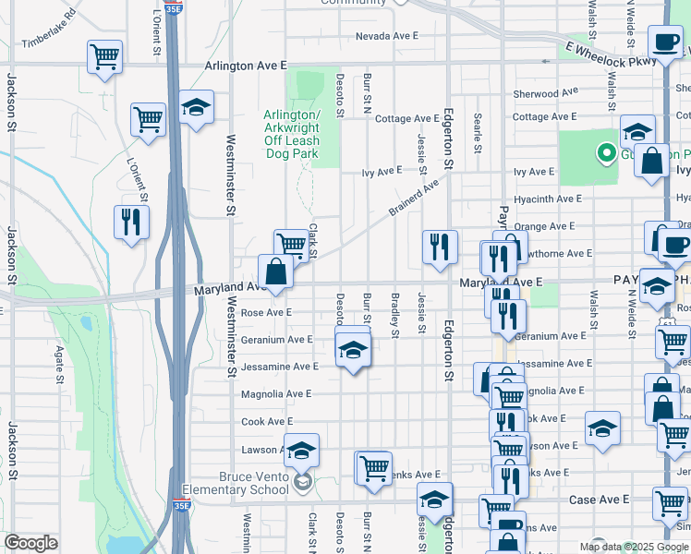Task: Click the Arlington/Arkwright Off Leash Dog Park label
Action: pyautogui.click(x=292, y=134)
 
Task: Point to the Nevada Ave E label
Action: pyautogui.click(x=388, y=37)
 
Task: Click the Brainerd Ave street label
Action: pyautogui.click(x=411, y=200)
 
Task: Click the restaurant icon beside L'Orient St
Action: pyautogui.click(x=130, y=222)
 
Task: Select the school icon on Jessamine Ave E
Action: pyautogui.click(x=351, y=350)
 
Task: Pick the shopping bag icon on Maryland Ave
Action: pyautogui.click(x=275, y=271)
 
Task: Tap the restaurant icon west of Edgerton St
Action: pyautogui.click(x=440, y=246)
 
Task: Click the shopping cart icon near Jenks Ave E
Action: pyautogui.click(x=373, y=466)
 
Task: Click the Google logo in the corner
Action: pyautogui.click(x=30, y=543)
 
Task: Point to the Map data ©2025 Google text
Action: pyautogui.click(x=634, y=546)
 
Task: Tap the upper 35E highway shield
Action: pyautogui.click(x=173, y=8)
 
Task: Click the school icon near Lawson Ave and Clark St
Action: pyautogui.click(x=301, y=450)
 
